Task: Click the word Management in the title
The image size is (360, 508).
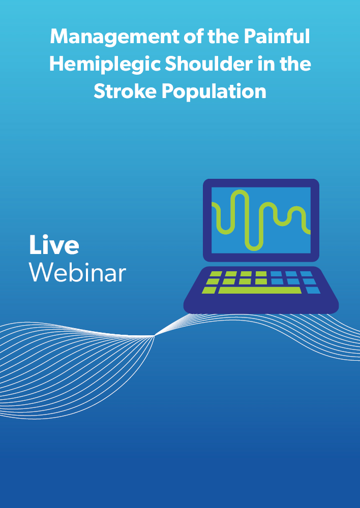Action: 115,37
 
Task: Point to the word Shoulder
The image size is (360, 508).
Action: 209,64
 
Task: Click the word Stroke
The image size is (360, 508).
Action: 125,91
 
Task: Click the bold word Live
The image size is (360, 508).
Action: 54,245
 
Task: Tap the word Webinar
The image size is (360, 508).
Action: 77,272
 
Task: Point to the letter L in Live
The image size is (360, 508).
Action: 35,245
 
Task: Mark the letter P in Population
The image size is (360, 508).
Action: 169,91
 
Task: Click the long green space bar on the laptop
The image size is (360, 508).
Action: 260,290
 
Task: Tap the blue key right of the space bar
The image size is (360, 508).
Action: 313,290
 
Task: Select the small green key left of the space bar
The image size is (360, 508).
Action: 209,290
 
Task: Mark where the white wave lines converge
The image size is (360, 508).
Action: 154,336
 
